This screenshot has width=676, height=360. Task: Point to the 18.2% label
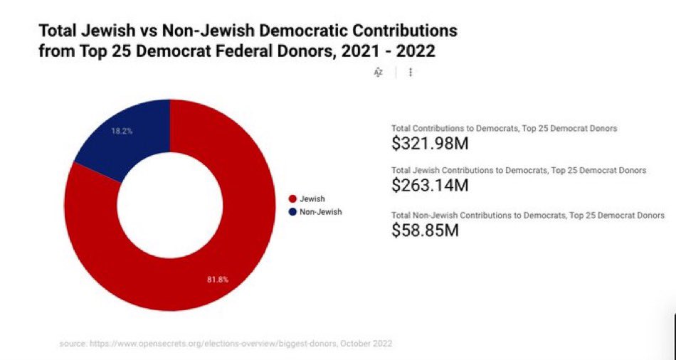click(x=122, y=132)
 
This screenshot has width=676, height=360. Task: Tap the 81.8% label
click(x=217, y=280)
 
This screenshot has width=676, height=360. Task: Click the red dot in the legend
click(x=292, y=199)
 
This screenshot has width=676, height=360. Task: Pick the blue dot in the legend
click(x=292, y=212)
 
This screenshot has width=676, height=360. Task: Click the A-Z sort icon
click(x=379, y=73)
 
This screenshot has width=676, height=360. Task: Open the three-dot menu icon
click(x=411, y=73)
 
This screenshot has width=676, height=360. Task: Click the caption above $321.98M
click(x=504, y=129)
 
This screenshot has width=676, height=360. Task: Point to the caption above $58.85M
click(x=527, y=215)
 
